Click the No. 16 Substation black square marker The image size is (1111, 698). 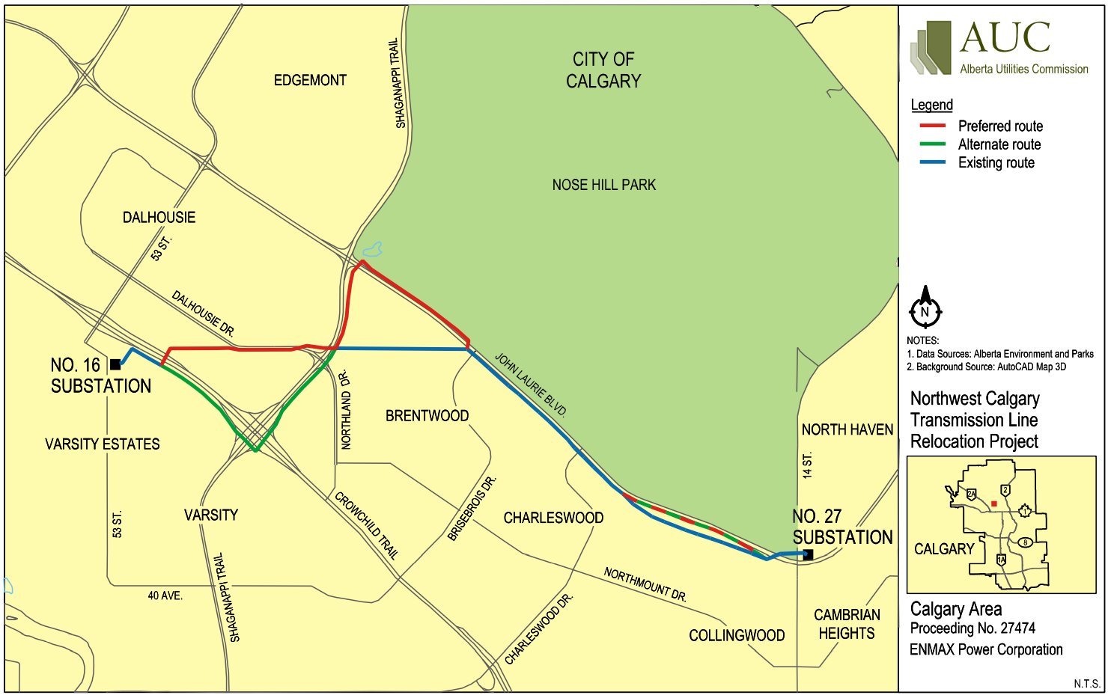click(115, 364)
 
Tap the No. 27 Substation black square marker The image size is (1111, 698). click(808, 554)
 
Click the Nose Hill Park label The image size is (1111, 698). click(603, 185)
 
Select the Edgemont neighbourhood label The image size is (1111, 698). click(310, 80)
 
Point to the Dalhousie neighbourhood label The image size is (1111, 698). click(159, 218)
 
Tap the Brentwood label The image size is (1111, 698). click(427, 416)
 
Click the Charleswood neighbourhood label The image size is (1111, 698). click(553, 518)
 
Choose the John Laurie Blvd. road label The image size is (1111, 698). click(531, 385)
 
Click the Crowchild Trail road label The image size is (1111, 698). click(366, 525)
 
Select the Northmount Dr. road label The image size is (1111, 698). click(645, 584)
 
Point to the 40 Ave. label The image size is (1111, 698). click(165, 596)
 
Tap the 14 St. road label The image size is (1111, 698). click(806, 465)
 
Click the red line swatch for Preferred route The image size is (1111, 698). click(933, 126)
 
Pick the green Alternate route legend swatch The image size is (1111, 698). click(933, 144)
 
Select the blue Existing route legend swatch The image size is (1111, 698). click(933, 162)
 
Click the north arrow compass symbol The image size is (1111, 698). click(925, 308)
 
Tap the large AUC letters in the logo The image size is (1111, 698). click(1005, 37)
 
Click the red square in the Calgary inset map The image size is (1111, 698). click(994, 504)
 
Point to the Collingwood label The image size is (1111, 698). click(737, 636)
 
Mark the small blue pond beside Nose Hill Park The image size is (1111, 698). click(372, 250)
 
